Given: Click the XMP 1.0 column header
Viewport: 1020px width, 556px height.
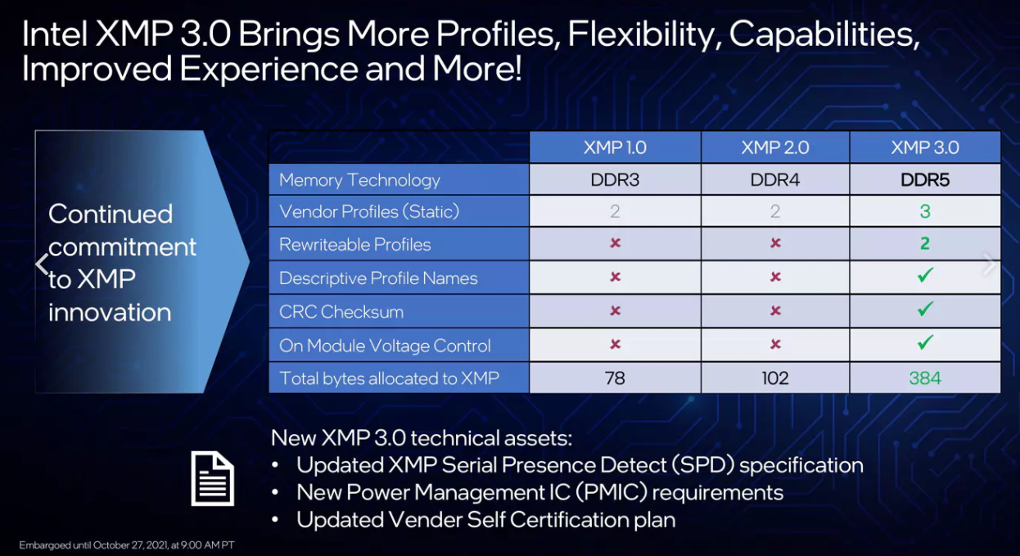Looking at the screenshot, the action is coord(615,147).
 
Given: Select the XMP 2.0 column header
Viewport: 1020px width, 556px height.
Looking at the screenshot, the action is coord(775,147).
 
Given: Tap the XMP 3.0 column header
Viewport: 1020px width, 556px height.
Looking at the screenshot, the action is coord(925,147).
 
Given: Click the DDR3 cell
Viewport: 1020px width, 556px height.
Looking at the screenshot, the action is coord(615,180).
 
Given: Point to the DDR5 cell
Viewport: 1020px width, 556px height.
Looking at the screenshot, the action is coord(925,180).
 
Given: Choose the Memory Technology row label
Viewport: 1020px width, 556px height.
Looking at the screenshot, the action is coord(359,180).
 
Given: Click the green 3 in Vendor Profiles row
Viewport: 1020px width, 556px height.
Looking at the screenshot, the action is coord(925,211).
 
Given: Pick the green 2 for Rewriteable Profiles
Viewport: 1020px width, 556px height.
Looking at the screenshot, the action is coord(925,243).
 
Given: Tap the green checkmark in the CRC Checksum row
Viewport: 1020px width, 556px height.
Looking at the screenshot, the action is coord(925,309).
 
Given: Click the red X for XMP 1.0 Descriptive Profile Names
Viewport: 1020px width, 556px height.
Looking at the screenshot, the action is coord(615,277).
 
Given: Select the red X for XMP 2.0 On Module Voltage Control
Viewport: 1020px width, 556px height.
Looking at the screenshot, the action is coord(775,344).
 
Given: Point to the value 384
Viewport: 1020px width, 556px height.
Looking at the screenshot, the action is coord(925,378).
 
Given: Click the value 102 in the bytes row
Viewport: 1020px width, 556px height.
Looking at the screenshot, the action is coord(775,378).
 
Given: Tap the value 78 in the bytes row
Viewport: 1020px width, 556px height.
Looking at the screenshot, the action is coord(615,378).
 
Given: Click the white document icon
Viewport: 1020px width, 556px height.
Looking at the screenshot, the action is coord(212,478).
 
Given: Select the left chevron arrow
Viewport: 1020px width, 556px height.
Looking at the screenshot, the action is coord(42,264).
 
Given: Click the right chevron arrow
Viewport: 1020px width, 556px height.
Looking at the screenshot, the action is coord(989,264).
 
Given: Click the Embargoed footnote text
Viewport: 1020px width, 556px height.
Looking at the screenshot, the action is coord(127,545).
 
